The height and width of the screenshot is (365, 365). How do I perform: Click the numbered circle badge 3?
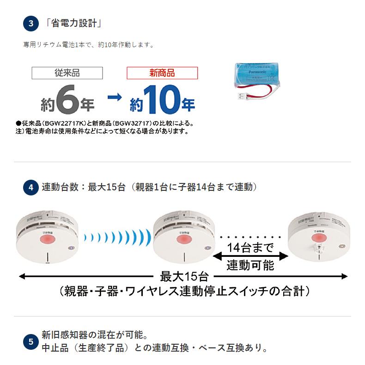click(31, 24)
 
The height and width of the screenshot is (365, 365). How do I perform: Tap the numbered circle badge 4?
click(31, 188)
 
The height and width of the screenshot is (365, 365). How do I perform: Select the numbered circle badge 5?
click(31, 342)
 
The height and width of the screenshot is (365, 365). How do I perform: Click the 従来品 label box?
click(67, 73)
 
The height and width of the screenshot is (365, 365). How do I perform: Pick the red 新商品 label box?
click(162, 73)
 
